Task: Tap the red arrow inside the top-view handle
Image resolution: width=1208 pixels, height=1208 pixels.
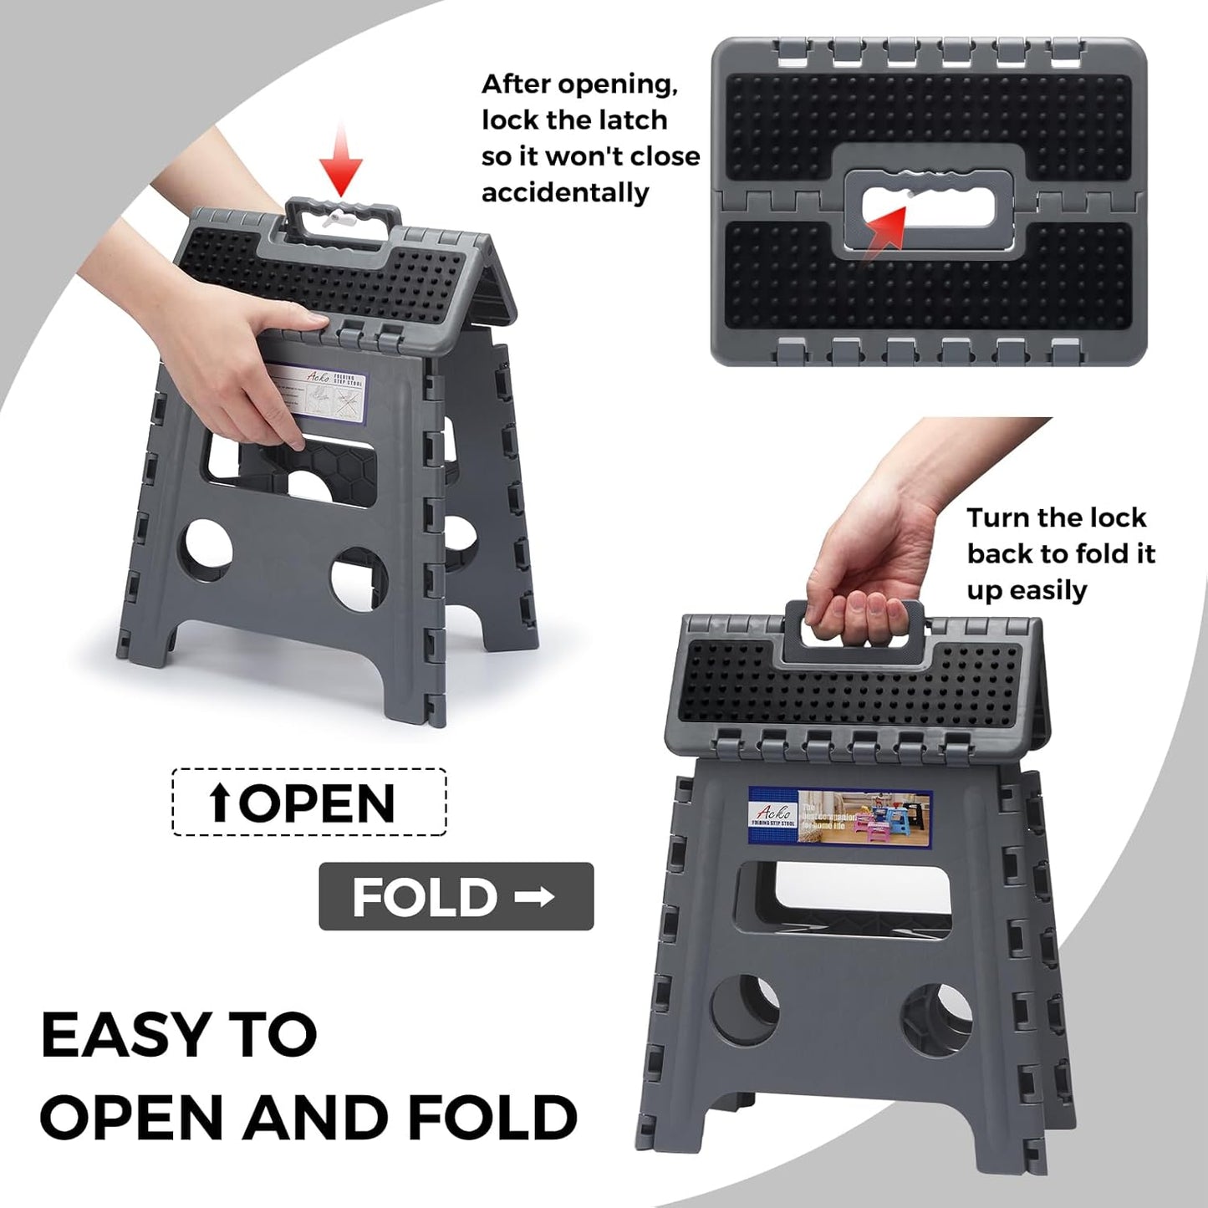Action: click(x=888, y=225)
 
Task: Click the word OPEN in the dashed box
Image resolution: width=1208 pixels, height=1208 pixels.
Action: click(x=318, y=803)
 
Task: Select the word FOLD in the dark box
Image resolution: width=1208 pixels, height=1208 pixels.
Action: click(x=425, y=897)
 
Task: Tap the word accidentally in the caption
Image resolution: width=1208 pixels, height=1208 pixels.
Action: click(x=565, y=193)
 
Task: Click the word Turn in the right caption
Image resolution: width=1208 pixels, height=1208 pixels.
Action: click(x=996, y=518)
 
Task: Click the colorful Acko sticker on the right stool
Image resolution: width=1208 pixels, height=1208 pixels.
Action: click(x=838, y=815)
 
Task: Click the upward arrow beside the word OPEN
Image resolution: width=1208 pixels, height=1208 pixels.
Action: click(x=220, y=804)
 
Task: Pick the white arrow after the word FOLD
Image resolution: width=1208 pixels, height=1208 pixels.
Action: click(x=534, y=897)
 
